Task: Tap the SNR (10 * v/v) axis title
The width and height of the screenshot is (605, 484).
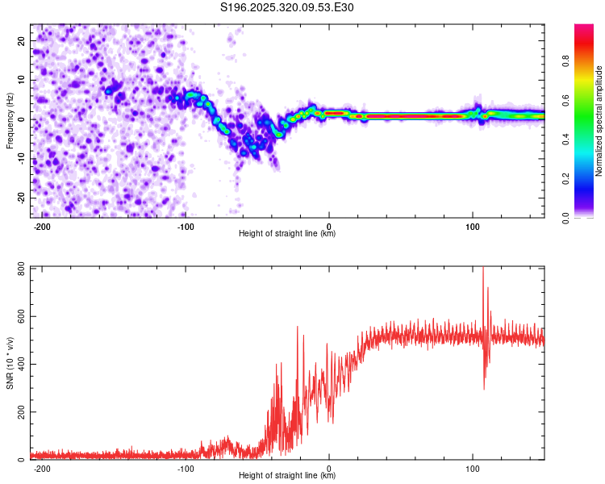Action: click(x=10, y=363)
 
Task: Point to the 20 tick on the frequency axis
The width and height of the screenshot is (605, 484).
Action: click(x=22, y=41)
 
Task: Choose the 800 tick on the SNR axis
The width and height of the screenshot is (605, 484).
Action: click(x=18, y=269)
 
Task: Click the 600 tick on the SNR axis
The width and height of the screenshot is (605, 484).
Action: click(x=18, y=317)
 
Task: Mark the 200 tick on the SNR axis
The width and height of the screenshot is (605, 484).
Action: click(x=18, y=412)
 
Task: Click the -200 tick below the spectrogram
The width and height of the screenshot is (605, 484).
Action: click(x=44, y=226)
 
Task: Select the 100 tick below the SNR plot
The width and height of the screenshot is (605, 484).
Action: click(x=473, y=468)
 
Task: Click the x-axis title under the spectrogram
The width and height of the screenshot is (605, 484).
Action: click(x=287, y=234)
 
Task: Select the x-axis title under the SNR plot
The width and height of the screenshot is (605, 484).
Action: click(x=287, y=476)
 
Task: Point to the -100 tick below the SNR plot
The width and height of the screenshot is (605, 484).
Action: click(x=186, y=468)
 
